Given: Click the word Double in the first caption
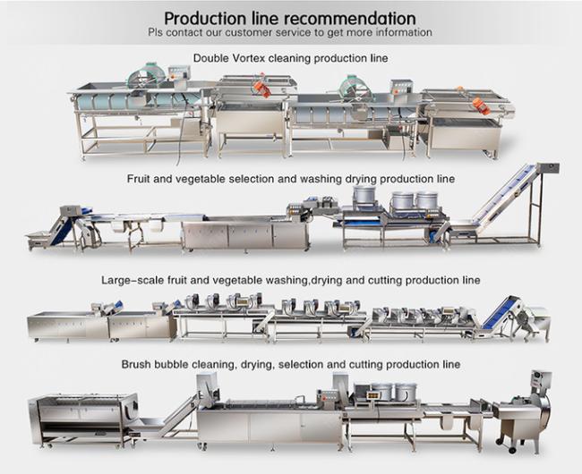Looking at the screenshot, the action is tap(210, 58).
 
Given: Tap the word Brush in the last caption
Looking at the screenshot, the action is tap(136, 364).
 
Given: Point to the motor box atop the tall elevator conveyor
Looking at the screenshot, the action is tap(548, 167).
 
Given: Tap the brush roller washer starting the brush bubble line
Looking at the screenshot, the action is tap(82, 419).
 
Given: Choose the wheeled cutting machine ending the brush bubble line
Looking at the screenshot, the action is tap(524, 412).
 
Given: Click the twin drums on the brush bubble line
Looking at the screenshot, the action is tap(393, 392).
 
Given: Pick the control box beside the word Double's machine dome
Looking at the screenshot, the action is tap(180, 72).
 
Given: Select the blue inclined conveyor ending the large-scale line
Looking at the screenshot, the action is tap(500, 314).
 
